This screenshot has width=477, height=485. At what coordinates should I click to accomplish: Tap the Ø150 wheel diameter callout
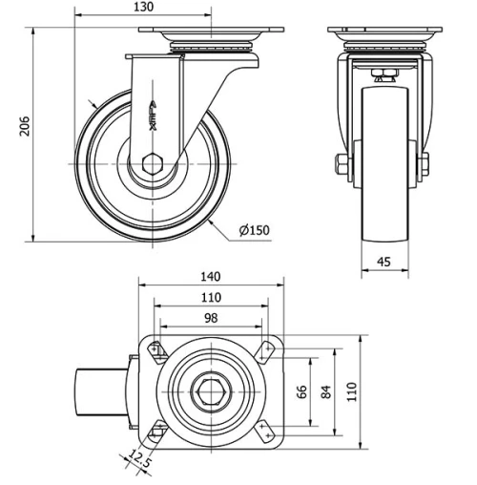[253, 230]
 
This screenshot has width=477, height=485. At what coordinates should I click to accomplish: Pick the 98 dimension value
[211, 317]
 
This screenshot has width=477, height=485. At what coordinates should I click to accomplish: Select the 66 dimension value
[303, 391]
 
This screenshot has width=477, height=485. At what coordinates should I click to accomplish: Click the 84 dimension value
[327, 391]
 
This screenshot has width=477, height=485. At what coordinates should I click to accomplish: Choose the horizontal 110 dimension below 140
[211, 296]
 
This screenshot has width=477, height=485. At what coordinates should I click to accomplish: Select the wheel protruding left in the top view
[99, 391]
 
